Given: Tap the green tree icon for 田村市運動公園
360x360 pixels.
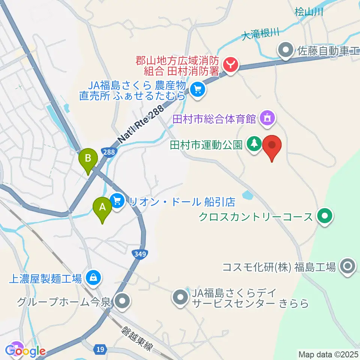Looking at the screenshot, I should click(255, 144).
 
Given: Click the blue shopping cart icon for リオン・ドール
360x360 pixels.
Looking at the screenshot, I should click(118, 202).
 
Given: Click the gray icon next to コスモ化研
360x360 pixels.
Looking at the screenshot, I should click(347, 267).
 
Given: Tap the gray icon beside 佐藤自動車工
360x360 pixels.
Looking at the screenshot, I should click(286, 49).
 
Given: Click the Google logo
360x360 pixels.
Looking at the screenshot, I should click(25, 351).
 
